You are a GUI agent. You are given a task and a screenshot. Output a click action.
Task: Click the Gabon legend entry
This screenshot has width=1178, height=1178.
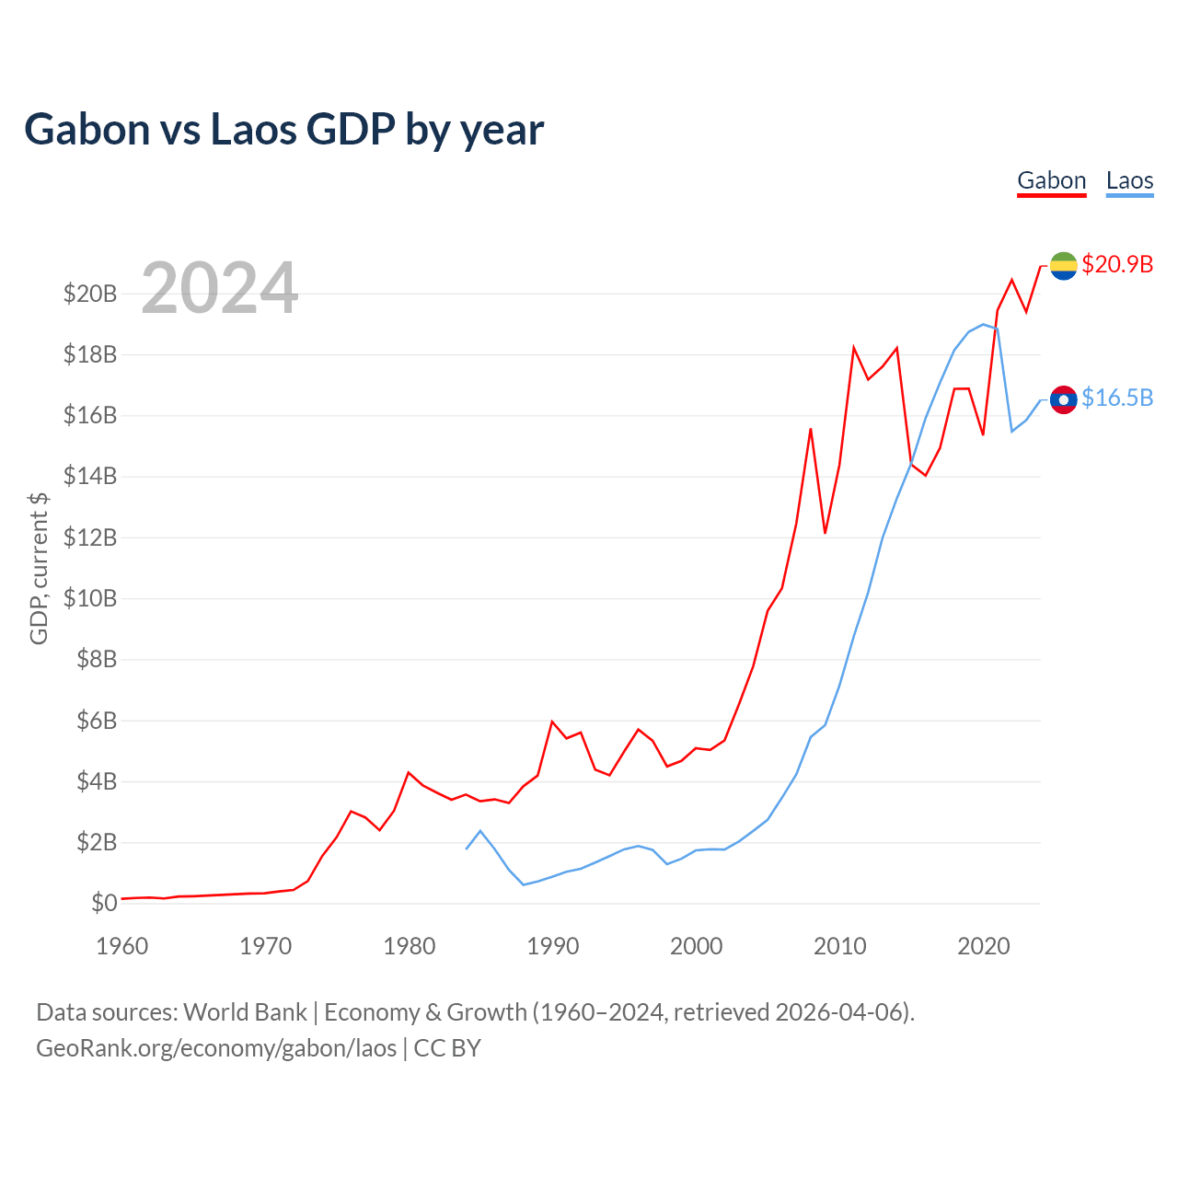click(x=1051, y=180)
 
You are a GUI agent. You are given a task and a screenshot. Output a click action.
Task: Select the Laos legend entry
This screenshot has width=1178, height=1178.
click(x=1129, y=180)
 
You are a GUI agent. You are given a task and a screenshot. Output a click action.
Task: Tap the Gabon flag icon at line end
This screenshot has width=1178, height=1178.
click(x=1063, y=266)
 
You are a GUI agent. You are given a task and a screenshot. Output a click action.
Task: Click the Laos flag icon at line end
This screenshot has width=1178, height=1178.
click(x=1063, y=399)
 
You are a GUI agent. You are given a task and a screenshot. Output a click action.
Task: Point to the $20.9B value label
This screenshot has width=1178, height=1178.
click(x=1117, y=264)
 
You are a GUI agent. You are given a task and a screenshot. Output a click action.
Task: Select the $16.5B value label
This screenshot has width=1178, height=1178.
click(x=1117, y=398)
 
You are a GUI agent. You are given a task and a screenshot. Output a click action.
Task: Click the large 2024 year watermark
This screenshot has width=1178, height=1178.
click(x=219, y=288)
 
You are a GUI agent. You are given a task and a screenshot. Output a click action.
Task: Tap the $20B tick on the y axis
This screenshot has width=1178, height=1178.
click(x=90, y=294)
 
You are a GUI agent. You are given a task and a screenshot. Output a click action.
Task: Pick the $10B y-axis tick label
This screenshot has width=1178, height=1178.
click(x=90, y=599)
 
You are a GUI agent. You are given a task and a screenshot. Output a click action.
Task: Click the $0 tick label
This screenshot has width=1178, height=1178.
click(x=104, y=904)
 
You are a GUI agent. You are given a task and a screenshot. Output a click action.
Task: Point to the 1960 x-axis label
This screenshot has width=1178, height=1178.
click(x=122, y=946)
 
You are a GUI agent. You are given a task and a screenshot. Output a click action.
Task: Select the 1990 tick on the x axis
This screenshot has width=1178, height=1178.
click(x=553, y=946)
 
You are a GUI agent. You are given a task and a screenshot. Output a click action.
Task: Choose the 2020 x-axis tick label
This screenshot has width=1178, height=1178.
click(x=984, y=946)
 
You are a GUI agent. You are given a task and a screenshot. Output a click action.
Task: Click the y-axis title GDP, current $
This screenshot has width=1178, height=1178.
click(x=39, y=568)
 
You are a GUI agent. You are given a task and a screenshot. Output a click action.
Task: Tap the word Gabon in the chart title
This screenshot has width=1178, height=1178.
click(x=87, y=130)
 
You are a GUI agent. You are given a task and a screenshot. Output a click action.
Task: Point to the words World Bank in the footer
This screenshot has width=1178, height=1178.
click(x=245, y=1012)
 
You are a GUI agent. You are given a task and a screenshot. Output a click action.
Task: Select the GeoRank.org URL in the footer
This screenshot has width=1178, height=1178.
click(x=216, y=1048)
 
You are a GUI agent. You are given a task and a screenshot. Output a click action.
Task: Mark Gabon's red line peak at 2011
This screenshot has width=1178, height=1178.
click(x=854, y=347)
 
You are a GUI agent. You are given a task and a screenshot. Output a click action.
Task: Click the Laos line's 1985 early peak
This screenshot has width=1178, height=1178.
click(x=480, y=831)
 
